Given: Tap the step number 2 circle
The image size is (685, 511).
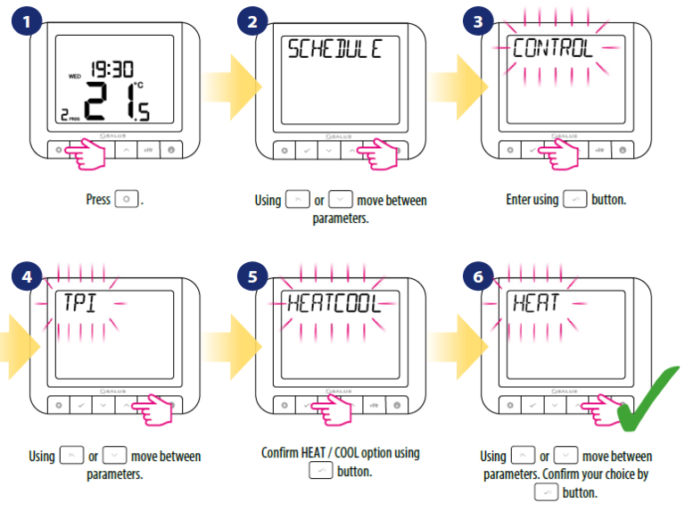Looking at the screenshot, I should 252,20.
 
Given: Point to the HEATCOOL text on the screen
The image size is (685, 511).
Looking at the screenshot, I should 333,302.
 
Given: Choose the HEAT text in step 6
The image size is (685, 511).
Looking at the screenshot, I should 535,302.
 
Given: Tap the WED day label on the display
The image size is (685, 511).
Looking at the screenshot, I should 75,77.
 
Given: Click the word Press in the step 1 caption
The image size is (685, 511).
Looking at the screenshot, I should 97,200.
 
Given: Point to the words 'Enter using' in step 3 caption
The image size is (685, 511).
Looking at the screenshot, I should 532,200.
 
